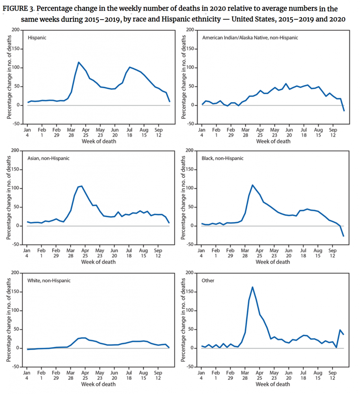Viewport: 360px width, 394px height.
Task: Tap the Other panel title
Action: tap(208, 280)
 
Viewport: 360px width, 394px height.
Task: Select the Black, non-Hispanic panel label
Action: tap(222, 158)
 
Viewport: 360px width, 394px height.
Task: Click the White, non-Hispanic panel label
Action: tap(49, 280)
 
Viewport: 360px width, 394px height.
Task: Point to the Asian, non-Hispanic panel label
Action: tap(48, 158)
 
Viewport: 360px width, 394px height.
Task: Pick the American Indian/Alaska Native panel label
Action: tap(250, 38)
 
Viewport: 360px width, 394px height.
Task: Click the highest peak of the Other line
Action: tap(252, 287)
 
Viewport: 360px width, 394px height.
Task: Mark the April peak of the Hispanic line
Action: tap(79, 62)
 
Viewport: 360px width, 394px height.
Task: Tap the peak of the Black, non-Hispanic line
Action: tap(253, 185)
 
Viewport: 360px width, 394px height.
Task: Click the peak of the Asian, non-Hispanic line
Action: tap(82, 186)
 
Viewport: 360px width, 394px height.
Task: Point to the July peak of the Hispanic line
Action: tap(130, 67)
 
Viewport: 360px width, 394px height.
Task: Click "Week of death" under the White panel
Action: tap(99, 384)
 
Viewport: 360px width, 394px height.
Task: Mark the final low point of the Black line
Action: tap(343, 236)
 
